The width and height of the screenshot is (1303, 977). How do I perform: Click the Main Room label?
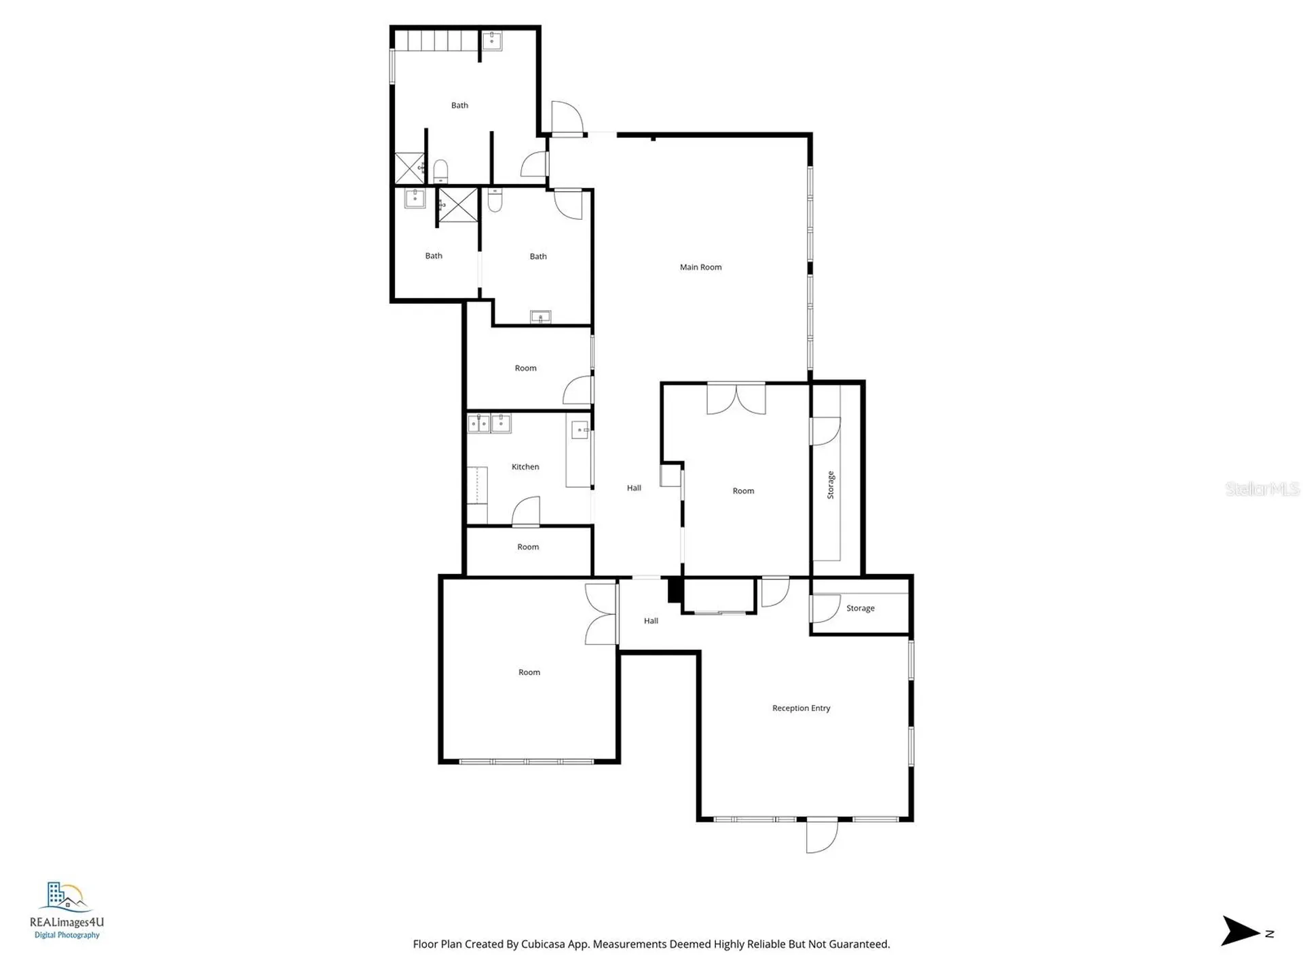pyautogui.click(x=700, y=267)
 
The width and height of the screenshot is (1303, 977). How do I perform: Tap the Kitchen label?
pyautogui.click(x=525, y=467)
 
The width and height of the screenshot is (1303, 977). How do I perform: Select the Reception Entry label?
pyautogui.click(x=801, y=708)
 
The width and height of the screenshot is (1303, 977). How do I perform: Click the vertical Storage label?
pyautogui.click(x=831, y=485)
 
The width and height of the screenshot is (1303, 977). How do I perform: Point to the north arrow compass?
pyautogui.click(x=1242, y=931)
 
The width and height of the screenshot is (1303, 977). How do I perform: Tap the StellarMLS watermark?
pyautogui.click(x=1262, y=488)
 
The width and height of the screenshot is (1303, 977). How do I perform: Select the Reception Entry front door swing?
pyautogui.click(x=821, y=836)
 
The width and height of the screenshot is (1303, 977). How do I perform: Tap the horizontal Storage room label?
pyautogui.click(x=860, y=609)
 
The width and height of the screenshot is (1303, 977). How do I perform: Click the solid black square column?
pyautogui.click(x=675, y=589)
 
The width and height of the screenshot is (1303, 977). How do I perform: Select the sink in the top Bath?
pyautogui.click(x=492, y=41)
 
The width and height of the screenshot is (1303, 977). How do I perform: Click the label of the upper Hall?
pyautogui.click(x=634, y=488)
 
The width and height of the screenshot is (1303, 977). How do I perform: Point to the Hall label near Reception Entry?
pyautogui.click(x=651, y=621)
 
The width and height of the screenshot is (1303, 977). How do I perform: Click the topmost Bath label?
pyautogui.click(x=459, y=105)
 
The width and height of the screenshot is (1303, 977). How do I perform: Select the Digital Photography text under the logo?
pyautogui.click(x=67, y=935)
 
